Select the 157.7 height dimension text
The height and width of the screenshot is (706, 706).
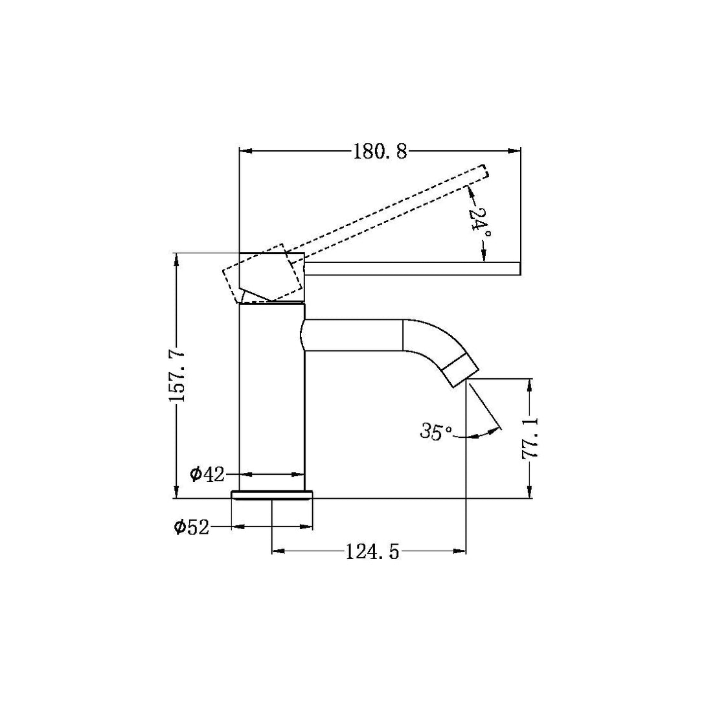pyautogui.click(x=177, y=375)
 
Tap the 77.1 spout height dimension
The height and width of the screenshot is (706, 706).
pyautogui.click(x=530, y=438)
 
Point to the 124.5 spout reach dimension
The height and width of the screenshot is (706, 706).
pyautogui.click(x=371, y=552)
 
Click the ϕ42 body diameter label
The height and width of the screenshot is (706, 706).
pyautogui.click(x=207, y=474)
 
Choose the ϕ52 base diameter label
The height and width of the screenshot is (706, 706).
pyautogui.click(x=192, y=527)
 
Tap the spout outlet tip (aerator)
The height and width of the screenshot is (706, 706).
pyautogui.click(x=461, y=372)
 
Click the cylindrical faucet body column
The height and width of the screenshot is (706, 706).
pyautogui.click(x=272, y=402)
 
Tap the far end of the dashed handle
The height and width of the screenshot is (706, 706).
pyautogui.click(x=484, y=172)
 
